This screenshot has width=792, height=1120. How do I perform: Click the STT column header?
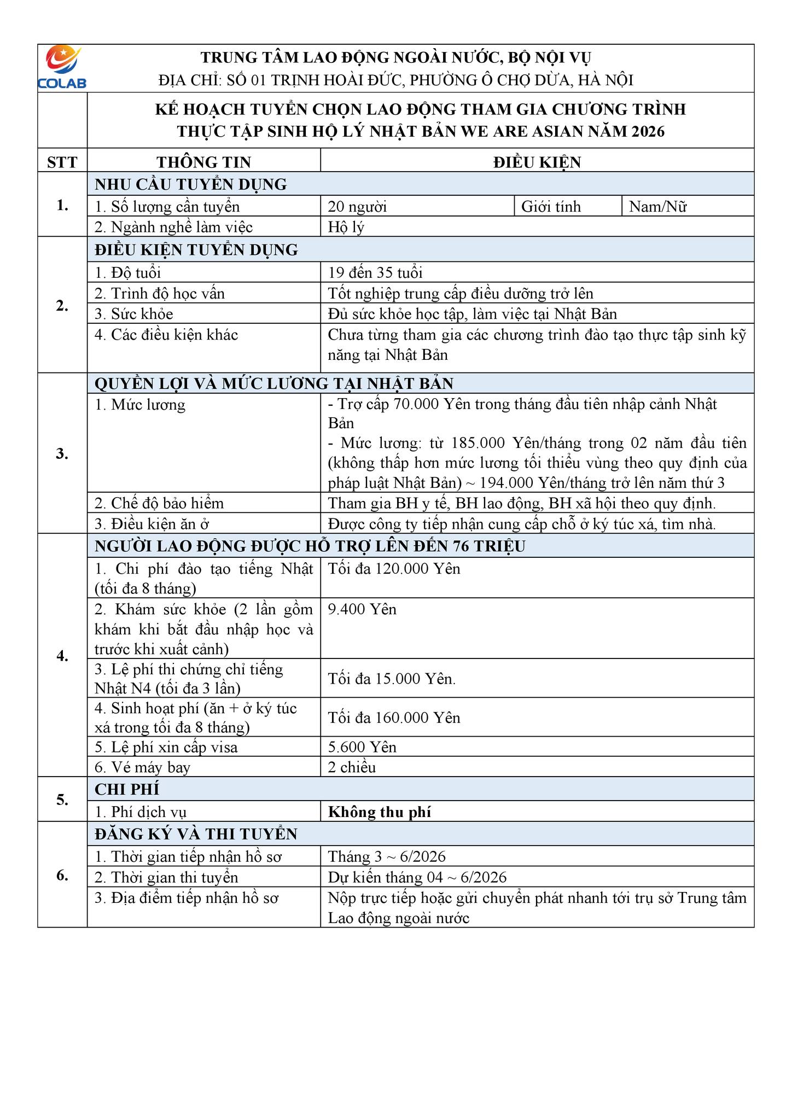62,162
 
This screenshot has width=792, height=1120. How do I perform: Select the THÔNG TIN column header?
203,162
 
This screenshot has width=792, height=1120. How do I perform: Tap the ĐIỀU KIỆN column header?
537,162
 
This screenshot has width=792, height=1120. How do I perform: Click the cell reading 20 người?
357,207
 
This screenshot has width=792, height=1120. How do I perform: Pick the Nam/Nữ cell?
657,207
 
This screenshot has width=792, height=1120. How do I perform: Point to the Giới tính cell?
551,207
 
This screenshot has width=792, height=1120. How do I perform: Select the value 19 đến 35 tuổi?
375,272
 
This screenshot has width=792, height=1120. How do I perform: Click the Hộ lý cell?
346,227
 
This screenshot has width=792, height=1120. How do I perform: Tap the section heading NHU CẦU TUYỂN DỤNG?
190,184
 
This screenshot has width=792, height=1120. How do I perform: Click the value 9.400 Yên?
362,609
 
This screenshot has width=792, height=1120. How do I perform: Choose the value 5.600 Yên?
362,747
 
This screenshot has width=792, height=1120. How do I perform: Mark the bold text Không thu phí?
380,812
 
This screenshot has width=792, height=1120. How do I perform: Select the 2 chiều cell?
352,767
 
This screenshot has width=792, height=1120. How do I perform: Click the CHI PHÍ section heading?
127,790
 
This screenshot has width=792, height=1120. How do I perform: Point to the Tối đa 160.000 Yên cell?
394,717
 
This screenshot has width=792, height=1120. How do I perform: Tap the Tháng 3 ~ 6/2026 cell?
387,856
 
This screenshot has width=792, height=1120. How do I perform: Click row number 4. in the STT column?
62,656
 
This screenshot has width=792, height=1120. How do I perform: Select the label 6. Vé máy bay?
142,767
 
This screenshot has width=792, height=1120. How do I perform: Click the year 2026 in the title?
647,132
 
